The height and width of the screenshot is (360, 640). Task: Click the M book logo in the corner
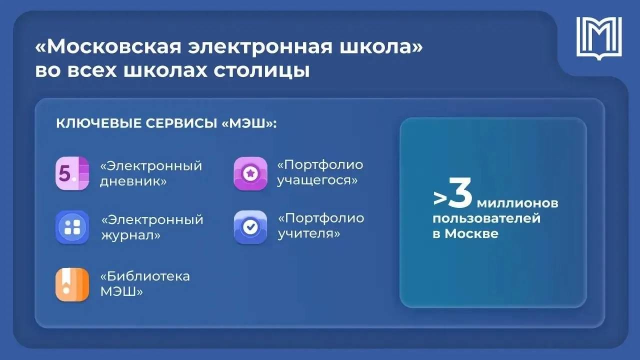point(599,38)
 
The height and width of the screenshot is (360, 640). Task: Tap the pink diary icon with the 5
point(72,173)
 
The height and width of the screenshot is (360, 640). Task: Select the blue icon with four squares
point(72,227)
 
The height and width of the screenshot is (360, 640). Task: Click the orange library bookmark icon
point(72,284)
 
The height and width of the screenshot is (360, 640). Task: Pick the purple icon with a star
point(250,173)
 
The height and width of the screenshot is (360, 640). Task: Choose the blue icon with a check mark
point(250,227)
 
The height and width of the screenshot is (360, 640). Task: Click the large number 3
point(460,192)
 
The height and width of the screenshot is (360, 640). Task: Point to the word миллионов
point(517,203)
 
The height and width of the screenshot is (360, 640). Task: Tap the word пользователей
point(486,219)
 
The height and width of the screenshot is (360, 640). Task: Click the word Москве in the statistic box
point(471,233)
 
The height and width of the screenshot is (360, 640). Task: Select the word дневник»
point(133,181)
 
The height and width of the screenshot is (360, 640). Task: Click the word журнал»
point(131,235)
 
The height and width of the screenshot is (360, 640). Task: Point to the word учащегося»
point(317,180)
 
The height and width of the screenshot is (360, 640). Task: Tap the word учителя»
point(309,234)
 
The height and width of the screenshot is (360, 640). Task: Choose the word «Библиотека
point(145,276)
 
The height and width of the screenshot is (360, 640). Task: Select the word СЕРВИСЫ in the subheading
point(181,123)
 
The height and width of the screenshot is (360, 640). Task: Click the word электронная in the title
point(260,47)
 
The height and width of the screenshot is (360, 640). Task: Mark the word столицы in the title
point(261,70)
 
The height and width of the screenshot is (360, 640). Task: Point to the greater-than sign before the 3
point(440,197)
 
